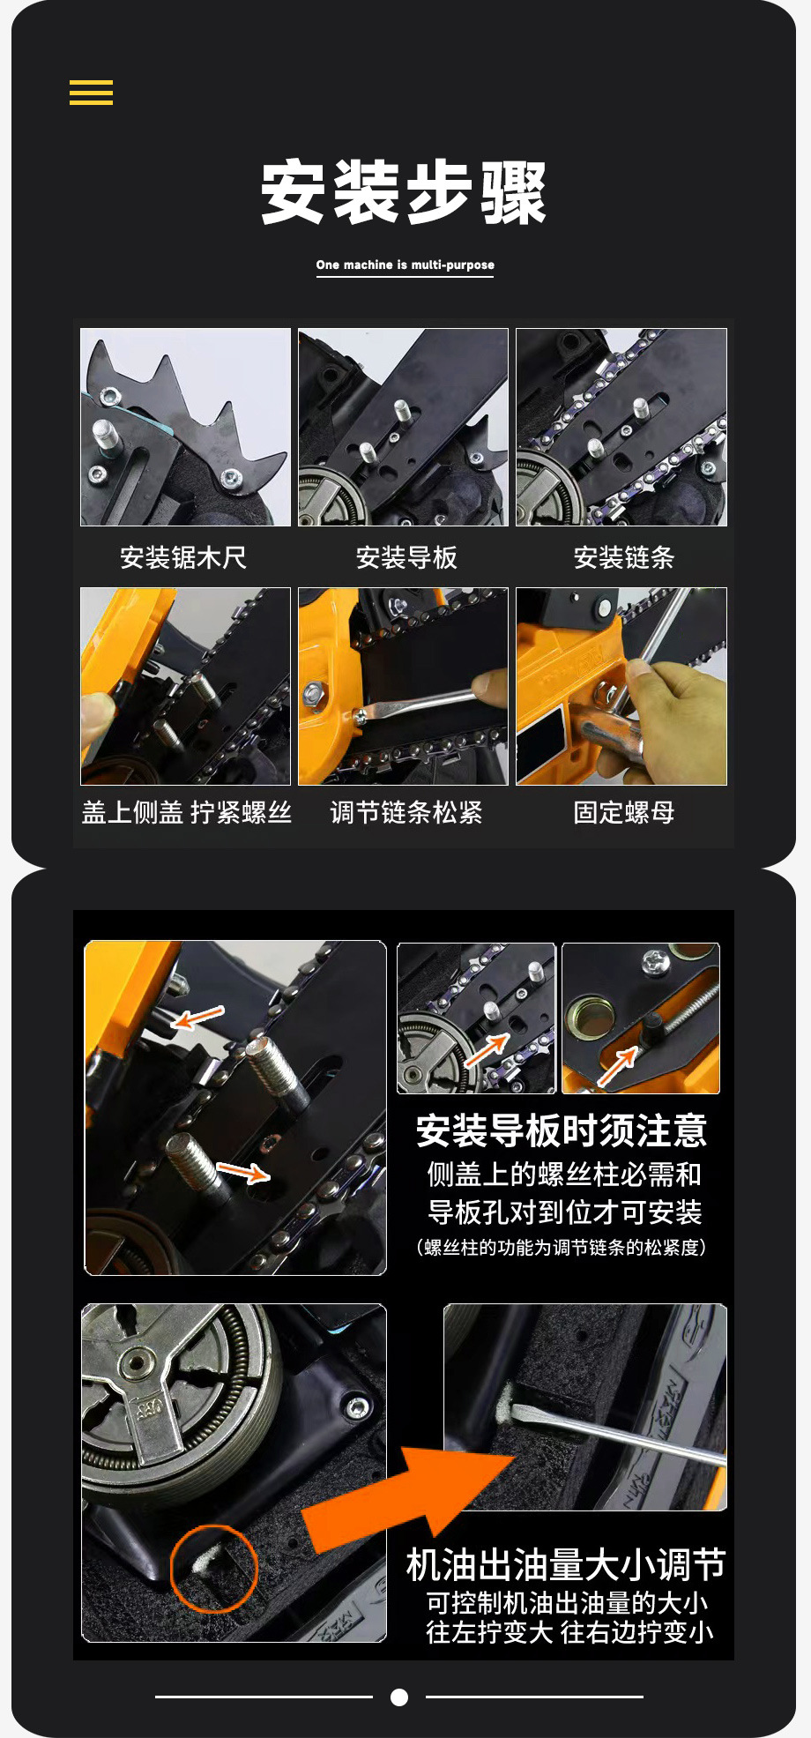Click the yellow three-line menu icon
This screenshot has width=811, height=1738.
(x=91, y=93)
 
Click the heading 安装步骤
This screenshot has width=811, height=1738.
(x=404, y=192)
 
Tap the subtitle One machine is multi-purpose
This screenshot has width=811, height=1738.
(x=405, y=265)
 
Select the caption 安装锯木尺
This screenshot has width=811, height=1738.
(x=183, y=557)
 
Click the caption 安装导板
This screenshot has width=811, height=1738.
(x=406, y=557)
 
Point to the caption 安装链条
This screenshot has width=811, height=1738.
(x=623, y=557)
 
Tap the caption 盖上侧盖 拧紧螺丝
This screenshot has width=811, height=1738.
(x=186, y=812)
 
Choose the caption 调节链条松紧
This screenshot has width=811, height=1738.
(x=406, y=812)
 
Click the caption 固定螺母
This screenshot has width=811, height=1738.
(x=623, y=812)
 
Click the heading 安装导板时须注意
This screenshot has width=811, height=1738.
(x=562, y=1130)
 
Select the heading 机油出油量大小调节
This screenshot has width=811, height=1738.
(x=565, y=1565)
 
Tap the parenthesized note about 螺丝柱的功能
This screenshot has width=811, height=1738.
(x=562, y=1247)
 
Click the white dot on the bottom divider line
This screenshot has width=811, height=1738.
(x=399, y=1697)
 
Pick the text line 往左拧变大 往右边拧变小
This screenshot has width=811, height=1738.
(x=569, y=1632)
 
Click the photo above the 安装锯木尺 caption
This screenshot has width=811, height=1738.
(x=185, y=427)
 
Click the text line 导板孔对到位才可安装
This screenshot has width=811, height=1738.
(x=565, y=1212)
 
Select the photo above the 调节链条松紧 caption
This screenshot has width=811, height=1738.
(x=403, y=686)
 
